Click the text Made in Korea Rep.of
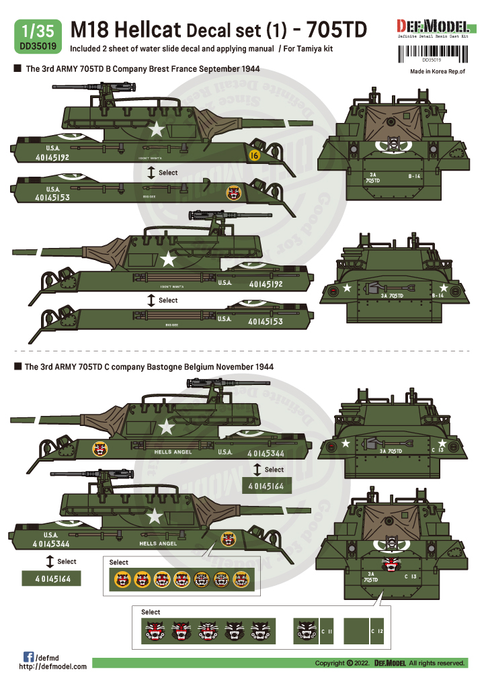click(x=436, y=71)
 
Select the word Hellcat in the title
click(x=139, y=30)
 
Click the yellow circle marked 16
click(x=253, y=155)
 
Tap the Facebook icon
click(x=29, y=656)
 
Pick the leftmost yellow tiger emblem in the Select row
click(x=123, y=579)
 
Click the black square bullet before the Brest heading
click(x=17, y=69)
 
